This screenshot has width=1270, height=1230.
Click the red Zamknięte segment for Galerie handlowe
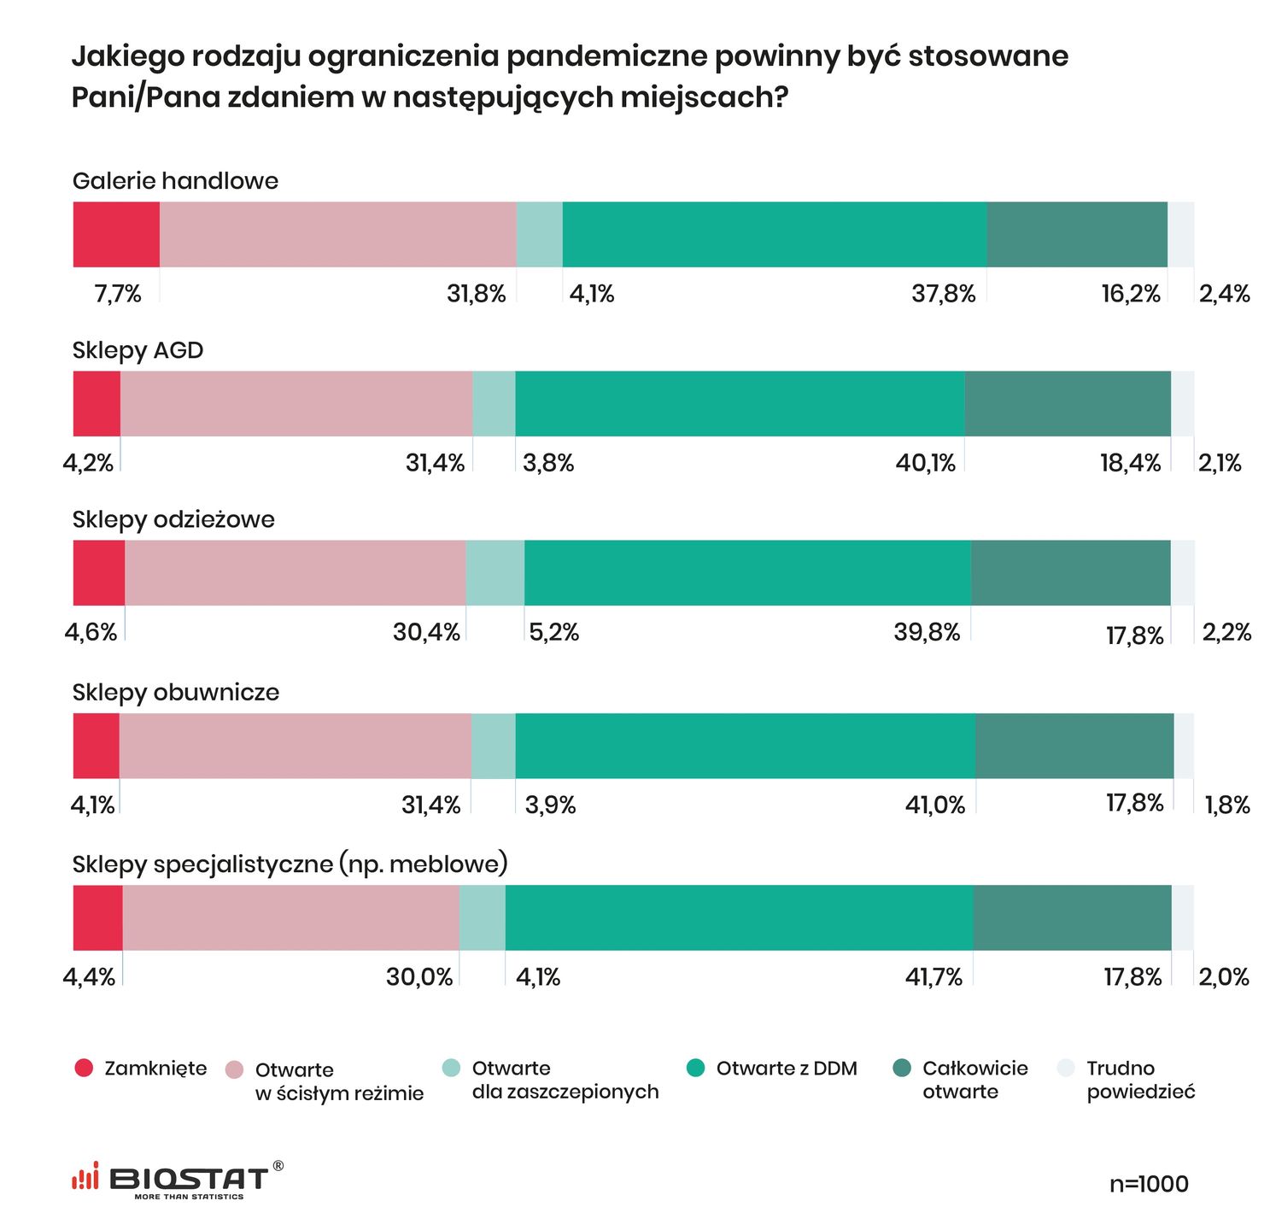[116, 235]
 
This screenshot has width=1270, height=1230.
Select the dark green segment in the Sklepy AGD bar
[1067, 404]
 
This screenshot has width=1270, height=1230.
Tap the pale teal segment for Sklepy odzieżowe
[495, 573]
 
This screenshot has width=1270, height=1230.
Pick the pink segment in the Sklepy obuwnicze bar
[295, 746]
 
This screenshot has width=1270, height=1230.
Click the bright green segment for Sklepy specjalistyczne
[739, 918]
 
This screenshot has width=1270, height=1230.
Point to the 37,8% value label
[943, 295]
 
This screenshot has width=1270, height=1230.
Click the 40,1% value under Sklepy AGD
[925, 464]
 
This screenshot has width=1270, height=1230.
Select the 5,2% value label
[554, 633]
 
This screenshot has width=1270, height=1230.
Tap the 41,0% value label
[934, 805]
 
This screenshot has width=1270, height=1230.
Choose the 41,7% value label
[933, 977]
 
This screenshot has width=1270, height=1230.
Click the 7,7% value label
[118, 295]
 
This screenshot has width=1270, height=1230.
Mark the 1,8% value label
[1227, 805]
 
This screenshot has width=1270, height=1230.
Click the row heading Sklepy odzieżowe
[173, 519]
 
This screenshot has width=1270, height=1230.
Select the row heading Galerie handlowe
[175, 181]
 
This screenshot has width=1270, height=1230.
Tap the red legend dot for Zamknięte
[84, 1068]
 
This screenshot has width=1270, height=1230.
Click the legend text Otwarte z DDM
[786, 1069]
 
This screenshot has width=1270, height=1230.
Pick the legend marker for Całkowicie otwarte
[902, 1068]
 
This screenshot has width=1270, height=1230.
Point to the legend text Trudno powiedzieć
[1139, 1080]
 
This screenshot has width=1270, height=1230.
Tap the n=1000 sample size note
[1149, 1184]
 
